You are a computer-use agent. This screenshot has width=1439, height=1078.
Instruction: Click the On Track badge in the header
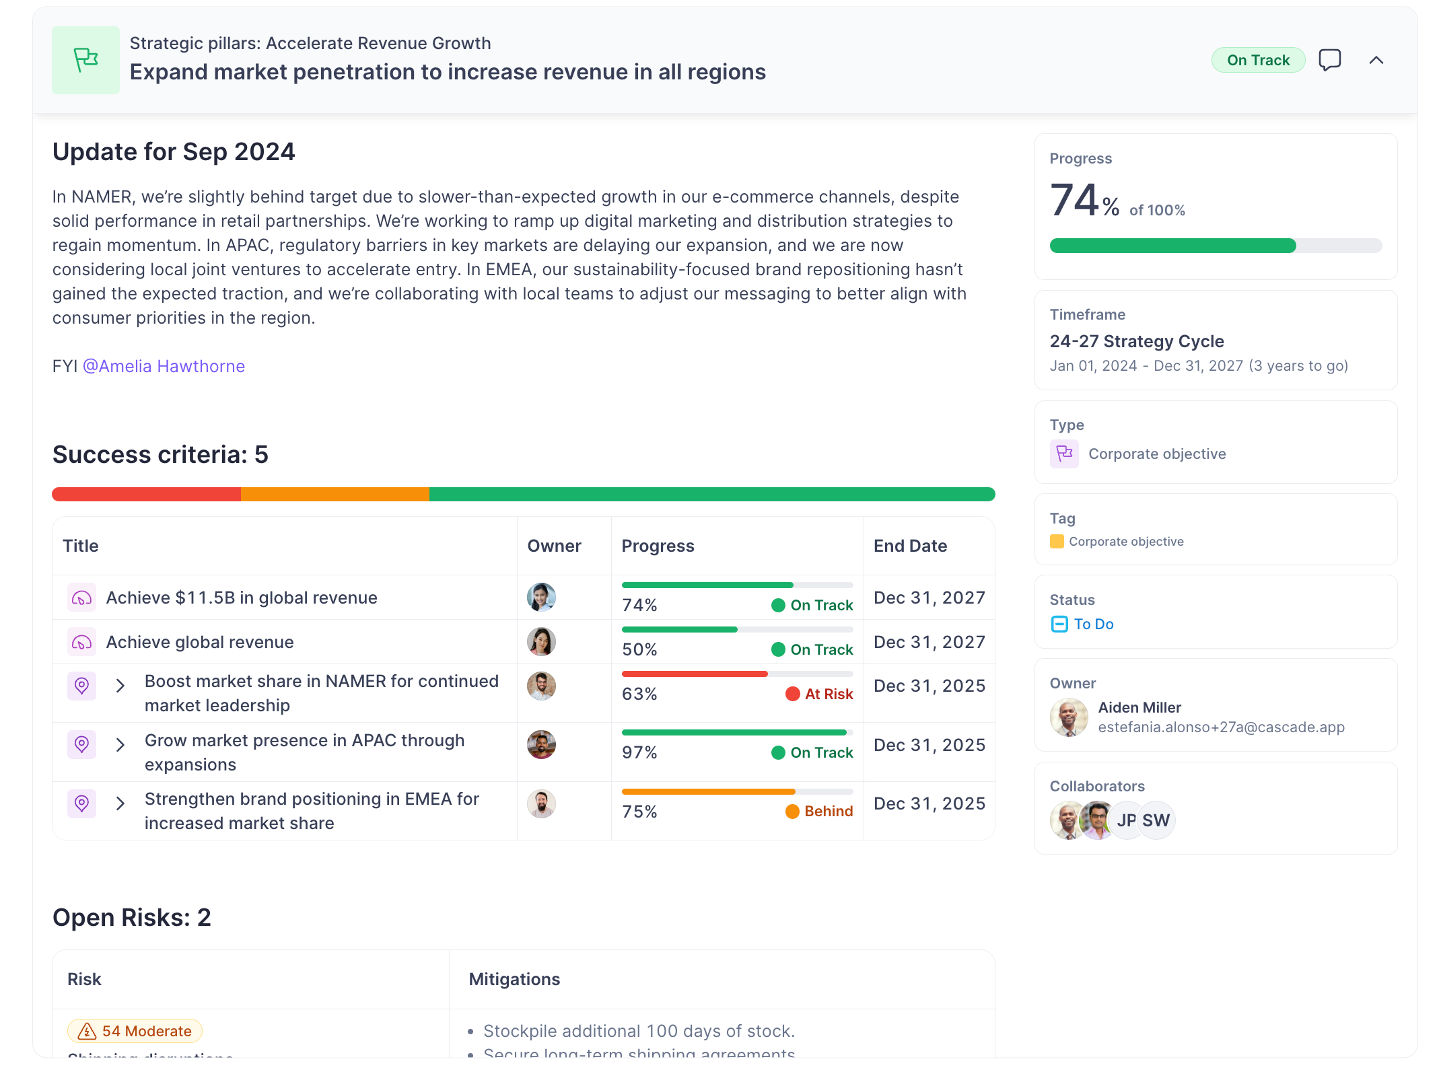[1257, 61]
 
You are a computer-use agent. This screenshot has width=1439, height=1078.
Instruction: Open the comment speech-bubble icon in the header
[1329, 60]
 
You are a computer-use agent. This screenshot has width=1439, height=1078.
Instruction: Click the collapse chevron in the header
[1376, 61]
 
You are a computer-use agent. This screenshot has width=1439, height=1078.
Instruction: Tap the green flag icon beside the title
[85, 60]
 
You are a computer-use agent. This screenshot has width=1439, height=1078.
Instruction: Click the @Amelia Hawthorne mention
[164, 366]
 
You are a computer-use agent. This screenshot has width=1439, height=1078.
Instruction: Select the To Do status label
[1093, 624]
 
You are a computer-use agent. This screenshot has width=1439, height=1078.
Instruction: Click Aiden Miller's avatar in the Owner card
[1069, 717]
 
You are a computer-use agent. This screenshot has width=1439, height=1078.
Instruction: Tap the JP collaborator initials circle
[1126, 820]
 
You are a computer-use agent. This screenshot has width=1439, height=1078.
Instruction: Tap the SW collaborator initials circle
[1156, 820]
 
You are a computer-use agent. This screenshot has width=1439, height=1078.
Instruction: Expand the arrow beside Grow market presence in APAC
[120, 745]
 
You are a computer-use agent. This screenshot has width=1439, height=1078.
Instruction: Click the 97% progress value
[639, 753]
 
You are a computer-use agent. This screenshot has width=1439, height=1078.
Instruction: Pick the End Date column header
[910, 546]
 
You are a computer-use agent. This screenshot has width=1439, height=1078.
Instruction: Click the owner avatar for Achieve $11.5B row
[541, 598]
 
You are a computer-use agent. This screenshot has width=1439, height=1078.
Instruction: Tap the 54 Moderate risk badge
[135, 1031]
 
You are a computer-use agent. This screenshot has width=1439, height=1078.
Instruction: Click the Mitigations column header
[514, 979]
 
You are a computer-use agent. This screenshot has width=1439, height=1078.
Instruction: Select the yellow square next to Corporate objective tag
[1057, 542]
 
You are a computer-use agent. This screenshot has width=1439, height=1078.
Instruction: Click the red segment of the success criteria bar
[146, 495]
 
